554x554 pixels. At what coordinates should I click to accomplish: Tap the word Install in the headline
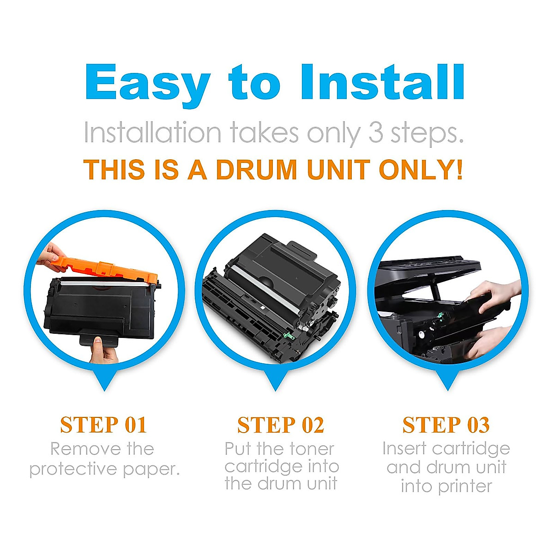click(x=382, y=82)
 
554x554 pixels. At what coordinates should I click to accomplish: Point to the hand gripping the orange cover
click(x=52, y=257)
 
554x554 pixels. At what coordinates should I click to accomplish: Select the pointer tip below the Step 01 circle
click(x=104, y=391)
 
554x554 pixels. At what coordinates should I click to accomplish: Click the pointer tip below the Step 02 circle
click(x=275, y=391)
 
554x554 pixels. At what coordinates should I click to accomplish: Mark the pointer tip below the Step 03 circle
click(x=447, y=390)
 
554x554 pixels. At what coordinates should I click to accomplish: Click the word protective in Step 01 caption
click(x=73, y=470)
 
